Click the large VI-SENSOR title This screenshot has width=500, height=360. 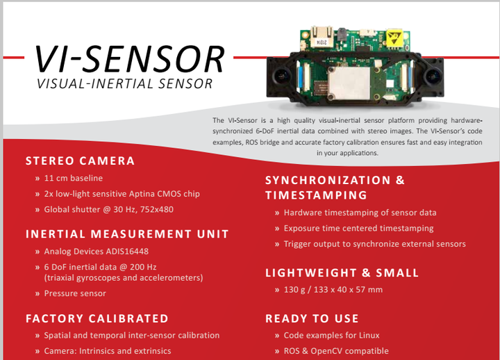[129, 59]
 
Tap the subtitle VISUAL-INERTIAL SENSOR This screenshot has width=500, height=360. [125, 83]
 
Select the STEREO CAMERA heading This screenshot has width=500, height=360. [80, 161]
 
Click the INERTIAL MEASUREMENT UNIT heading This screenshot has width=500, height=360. [127, 234]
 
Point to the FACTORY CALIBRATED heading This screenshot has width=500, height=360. [97, 318]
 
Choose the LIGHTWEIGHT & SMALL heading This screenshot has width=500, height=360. [342, 273]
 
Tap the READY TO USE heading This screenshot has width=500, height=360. [312, 318]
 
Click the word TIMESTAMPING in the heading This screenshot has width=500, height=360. [317, 195]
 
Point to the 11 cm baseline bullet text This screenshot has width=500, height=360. [74, 178]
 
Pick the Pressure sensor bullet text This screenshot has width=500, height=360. [75, 293]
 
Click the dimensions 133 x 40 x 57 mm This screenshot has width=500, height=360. [348, 290]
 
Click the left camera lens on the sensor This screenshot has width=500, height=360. [281, 76]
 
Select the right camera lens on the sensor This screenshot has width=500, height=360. [433, 76]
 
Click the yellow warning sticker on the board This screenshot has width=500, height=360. [394, 38]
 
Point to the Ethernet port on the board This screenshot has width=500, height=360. [322, 35]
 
